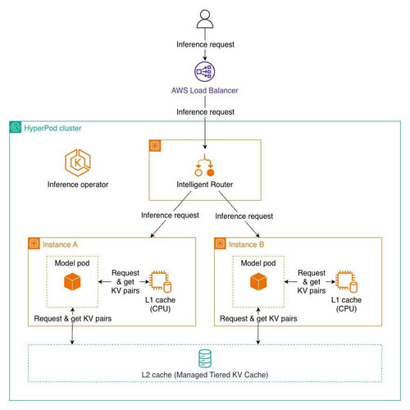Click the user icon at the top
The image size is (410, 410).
click(x=205, y=19)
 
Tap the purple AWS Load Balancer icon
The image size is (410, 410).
click(x=205, y=71)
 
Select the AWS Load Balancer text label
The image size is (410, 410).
click(x=205, y=90)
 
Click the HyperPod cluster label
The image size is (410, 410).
click(x=52, y=128)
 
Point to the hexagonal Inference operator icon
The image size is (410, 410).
click(x=78, y=162)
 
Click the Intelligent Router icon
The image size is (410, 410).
click(x=205, y=165)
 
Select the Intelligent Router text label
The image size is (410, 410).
click(x=205, y=184)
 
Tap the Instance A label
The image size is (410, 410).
click(x=60, y=244)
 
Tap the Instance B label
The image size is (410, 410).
click(x=247, y=244)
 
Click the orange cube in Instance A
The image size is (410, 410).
click(x=72, y=282)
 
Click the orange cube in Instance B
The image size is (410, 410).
click(x=258, y=282)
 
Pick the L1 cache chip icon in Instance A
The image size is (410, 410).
click(x=161, y=281)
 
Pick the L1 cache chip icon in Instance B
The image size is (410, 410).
click(x=347, y=281)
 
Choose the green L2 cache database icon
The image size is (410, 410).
click(x=205, y=358)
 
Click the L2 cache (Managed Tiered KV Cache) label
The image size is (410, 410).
click(x=205, y=375)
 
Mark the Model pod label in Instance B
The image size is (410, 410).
click(x=258, y=263)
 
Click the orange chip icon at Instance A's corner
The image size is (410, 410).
click(x=34, y=244)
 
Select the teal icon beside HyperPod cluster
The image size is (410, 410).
click(x=16, y=127)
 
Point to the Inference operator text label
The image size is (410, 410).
click(x=78, y=184)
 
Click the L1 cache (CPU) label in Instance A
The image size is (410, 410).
click(x=160, y=304)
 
